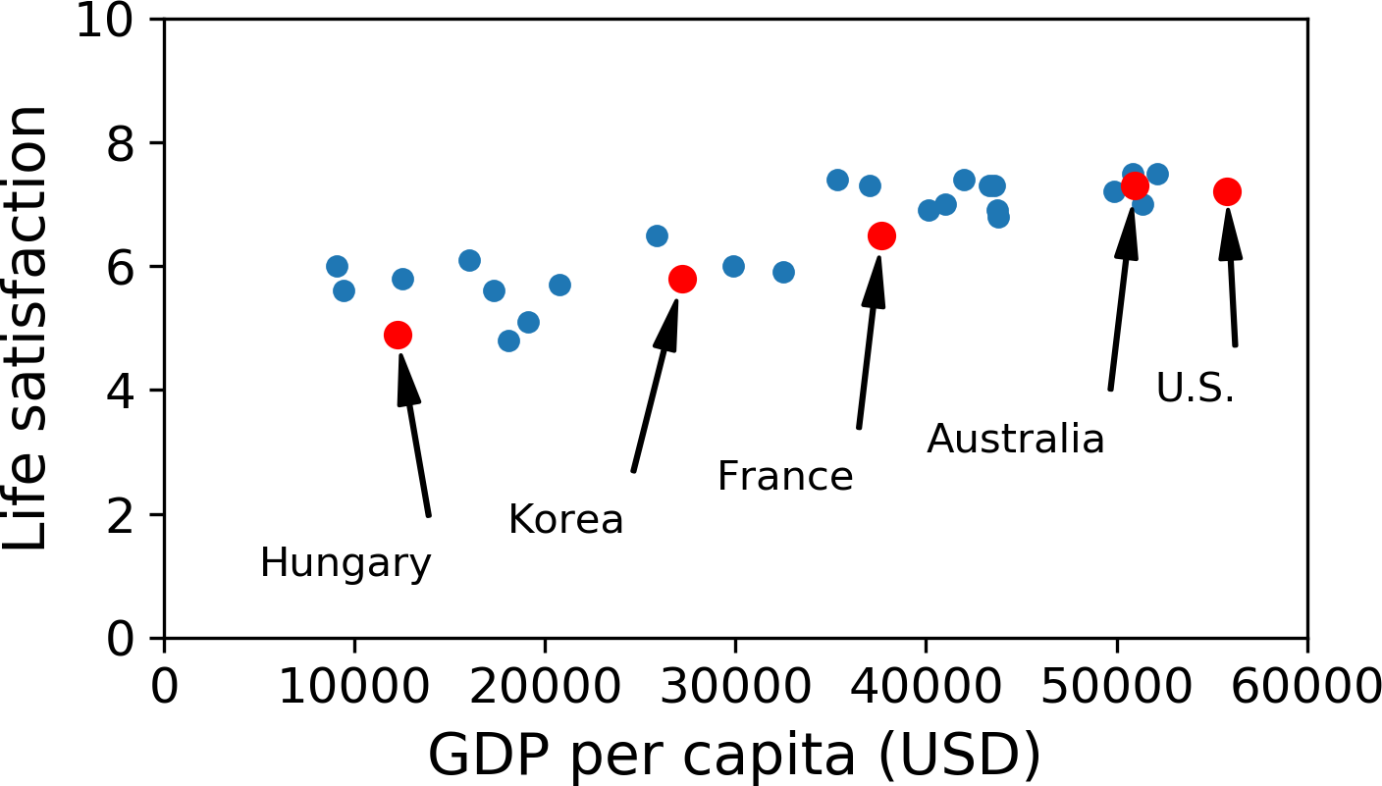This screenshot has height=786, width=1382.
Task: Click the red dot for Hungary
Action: pyautogui.click(x=398, y=335)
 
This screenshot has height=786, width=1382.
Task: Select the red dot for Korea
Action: pyautogui.click(x=682, y=280)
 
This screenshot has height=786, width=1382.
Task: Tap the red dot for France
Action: pyautogui.click(x=881, y=236)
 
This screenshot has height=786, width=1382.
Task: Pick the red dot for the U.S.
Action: pyautogui.click(x=1227, y=192)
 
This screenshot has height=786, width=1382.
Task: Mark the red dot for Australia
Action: pyautogui.click(x=1135, y=185)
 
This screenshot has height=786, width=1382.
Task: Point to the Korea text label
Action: pyautogui.click(x=565, y=519)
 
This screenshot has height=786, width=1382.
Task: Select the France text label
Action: pyautogui.click(x=785, y=476)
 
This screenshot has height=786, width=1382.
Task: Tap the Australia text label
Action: pyautogui.click(x=1016, y=439)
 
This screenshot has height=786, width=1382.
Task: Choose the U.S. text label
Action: pyautogui.click(x=1196, y=388)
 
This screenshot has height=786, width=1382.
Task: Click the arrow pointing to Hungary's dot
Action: pyautogui.click(x=414, y=435)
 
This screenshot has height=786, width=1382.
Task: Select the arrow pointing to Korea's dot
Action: pyautogui.click(x=656, y=387)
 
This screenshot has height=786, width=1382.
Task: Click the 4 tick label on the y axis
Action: pyautogui.click(x=120, y=392)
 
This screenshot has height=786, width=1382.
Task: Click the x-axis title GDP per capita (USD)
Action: pyautogui.click(x=735, y=756)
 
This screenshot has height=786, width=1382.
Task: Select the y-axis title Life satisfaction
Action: pyautogui.click(x=25, y=328)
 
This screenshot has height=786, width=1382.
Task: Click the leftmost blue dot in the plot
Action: pyautogui.click(x=337, y=267)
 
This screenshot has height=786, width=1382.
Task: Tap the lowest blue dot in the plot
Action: pyautogui.click(x=508, y=341)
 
